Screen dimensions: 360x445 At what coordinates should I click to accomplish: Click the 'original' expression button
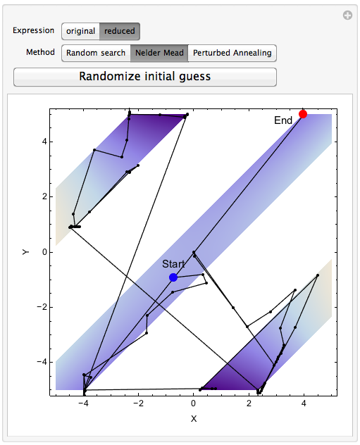pos(80,31)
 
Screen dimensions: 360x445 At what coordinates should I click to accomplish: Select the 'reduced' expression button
pos(120,31)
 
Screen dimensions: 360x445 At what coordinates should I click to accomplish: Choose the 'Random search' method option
pos(96,53)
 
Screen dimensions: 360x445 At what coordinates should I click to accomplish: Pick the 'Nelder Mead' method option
pos(159,53)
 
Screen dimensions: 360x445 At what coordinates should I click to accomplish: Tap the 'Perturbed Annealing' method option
pos(232,53)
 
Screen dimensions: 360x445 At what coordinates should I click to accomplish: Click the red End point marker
pos(303,114)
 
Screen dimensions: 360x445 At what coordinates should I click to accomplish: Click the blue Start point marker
pos(173,277)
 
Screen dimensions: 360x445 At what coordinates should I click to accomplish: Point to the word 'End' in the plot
pos(283,120)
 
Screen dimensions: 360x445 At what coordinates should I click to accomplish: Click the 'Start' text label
pos(173,264)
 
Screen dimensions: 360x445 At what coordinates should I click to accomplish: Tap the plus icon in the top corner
pos(347,15)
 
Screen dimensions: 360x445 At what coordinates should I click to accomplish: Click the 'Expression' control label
pos(34,30)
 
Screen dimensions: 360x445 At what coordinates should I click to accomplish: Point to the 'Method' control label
pos(40,52)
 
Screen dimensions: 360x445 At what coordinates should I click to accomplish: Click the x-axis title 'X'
pos(194,419)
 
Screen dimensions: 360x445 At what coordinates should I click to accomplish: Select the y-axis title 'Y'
pos(25,252)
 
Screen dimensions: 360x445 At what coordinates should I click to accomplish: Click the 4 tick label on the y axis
pos(44,142)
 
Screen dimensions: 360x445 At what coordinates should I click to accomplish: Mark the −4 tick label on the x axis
pos(83,403)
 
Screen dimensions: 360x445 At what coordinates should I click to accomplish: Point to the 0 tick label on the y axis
pos(44,252)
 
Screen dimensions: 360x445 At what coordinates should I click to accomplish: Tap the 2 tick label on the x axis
pos(249,403)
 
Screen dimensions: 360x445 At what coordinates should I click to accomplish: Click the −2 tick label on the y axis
pos(42,307)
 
